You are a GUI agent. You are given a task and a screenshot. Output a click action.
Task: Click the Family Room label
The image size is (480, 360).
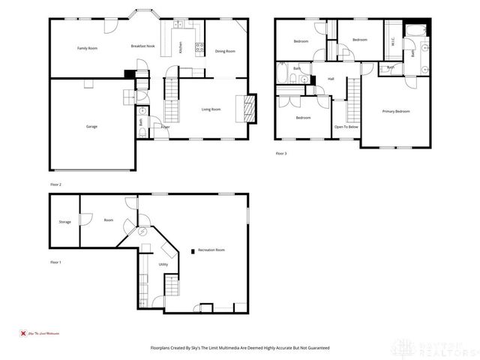coord(88,48)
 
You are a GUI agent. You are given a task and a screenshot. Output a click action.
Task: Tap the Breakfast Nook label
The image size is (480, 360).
coord(142,46)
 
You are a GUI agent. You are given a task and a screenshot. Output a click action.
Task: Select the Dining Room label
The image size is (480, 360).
coord(225,51)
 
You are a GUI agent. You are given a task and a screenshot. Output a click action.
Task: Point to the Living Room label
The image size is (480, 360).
coord(211,109)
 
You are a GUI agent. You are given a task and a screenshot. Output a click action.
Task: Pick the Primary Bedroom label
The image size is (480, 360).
coord(396,111)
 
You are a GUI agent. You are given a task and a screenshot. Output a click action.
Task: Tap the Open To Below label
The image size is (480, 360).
coord(346,127)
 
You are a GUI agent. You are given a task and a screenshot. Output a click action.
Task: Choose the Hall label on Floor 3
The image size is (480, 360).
coord(330,79)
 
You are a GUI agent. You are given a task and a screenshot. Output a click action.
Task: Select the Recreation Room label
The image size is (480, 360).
coord(211,250)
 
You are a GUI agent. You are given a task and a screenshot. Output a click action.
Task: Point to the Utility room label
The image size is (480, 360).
coord(163,265)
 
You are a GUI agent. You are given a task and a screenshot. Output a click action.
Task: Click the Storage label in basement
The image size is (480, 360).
coord(65,222)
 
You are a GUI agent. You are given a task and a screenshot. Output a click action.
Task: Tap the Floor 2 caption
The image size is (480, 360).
coord(55,184)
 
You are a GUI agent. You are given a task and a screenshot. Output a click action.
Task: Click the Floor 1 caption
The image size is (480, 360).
coord(55,262)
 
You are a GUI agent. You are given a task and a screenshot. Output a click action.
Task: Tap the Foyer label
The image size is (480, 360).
coord(165,127)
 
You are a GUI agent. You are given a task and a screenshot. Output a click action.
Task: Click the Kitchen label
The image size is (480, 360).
coord(181,47)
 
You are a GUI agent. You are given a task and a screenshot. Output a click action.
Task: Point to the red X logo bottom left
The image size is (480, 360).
coord(22,332)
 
